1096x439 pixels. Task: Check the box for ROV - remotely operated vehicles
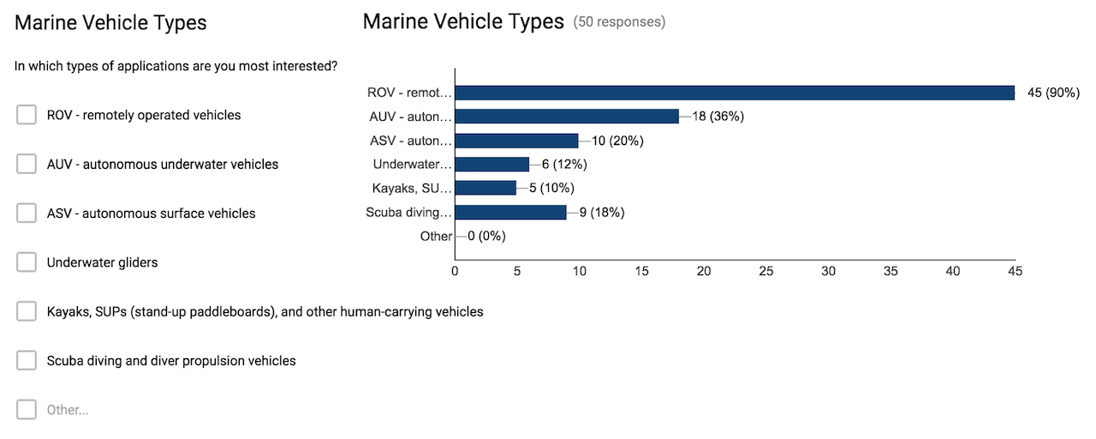[27, 115]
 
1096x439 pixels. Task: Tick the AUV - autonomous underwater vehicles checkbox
[27, 164]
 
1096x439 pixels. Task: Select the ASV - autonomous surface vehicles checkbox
[27, 213]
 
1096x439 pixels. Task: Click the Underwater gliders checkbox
[27, 262]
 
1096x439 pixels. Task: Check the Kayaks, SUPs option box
[27, 311]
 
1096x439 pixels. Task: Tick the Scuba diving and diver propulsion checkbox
[27, 361]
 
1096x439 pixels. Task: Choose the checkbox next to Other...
[27, 410]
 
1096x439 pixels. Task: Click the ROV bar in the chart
[734, 93]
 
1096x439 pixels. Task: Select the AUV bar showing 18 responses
[567, 117]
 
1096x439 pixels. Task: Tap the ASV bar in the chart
[516, 141]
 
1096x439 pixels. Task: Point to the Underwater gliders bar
[491, 165]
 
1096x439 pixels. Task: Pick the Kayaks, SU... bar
[485, 188]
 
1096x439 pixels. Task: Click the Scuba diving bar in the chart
[510, 212]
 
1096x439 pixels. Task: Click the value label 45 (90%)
[1053, 93]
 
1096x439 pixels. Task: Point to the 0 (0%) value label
[486, 236]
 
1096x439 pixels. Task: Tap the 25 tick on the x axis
[765, 272]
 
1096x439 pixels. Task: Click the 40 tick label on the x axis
[953, 272]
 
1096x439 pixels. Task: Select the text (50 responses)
[619, 22]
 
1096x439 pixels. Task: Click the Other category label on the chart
[436, 236]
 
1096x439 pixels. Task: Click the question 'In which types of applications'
[176, 66]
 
